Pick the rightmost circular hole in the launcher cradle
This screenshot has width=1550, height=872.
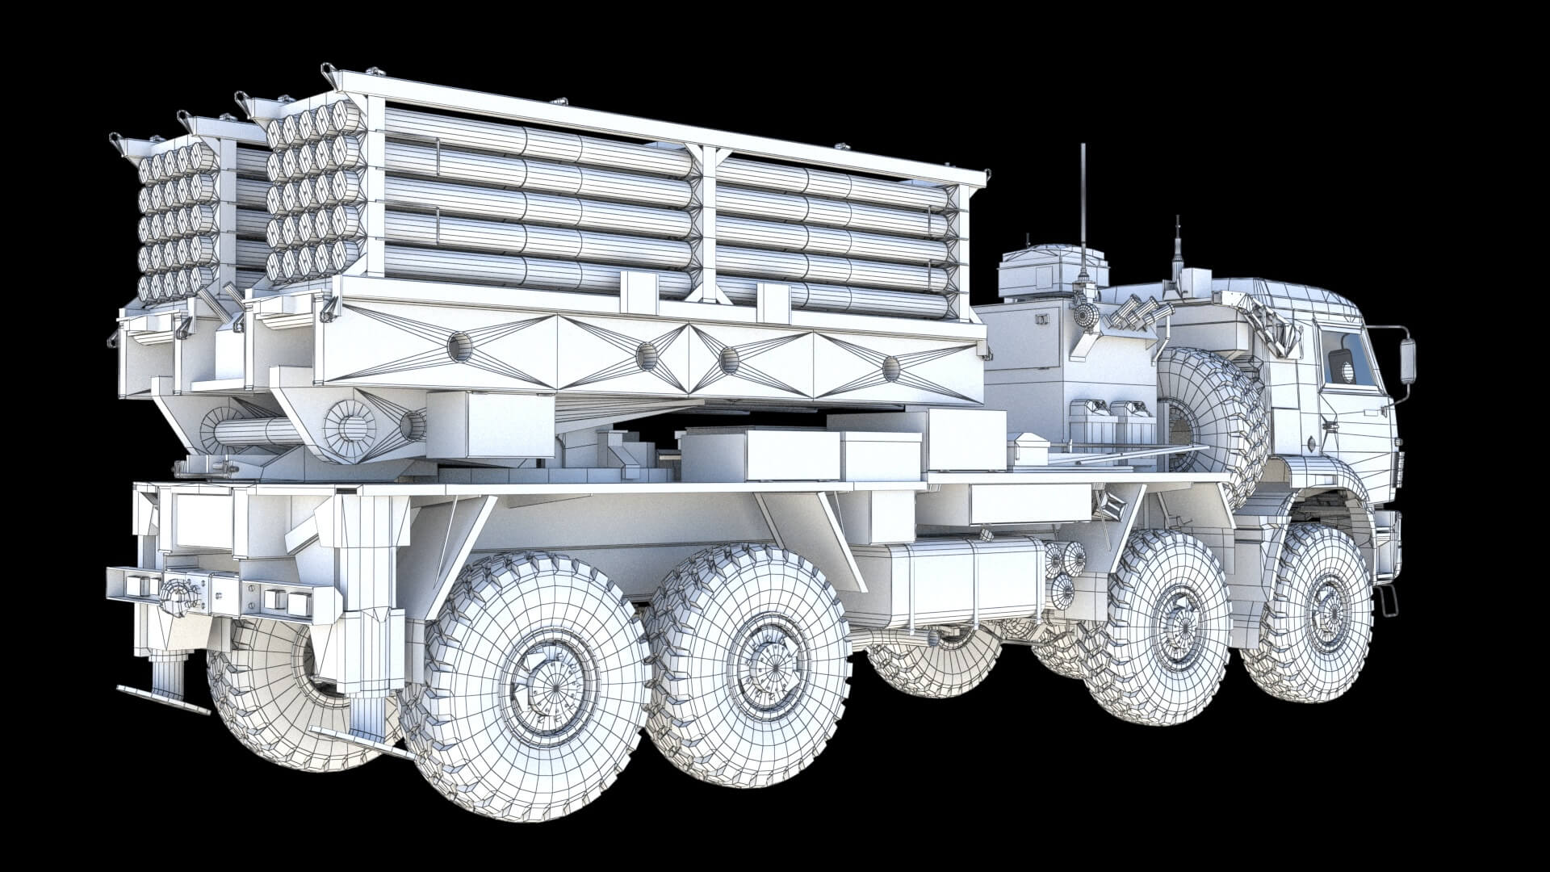pyautogui.click(x=891, y=368)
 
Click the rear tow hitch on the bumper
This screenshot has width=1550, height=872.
pyautogui.click(x=179, y=596)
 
